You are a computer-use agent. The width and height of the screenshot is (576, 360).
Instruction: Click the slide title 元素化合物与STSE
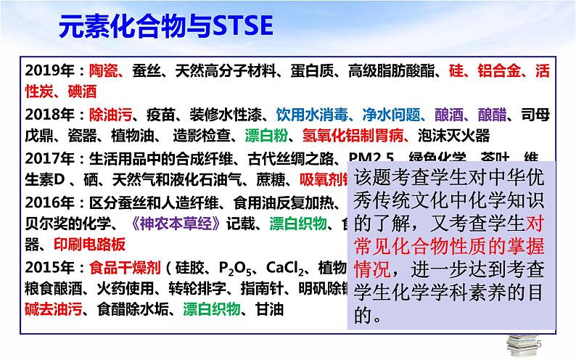pyautogui.click(x=165, y=28)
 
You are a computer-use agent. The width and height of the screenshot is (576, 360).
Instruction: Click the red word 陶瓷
pyautogui.click(x=102, y=71)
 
